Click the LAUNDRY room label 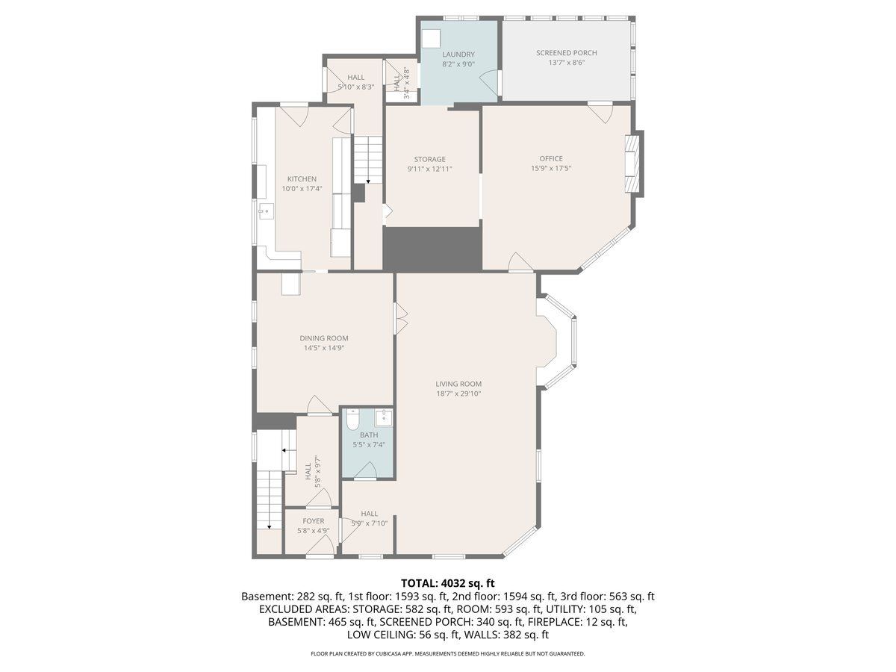[458, 55]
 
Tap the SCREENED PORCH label [566, 52]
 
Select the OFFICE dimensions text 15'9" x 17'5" [550, 168]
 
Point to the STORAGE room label [429, 159]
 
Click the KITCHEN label [302, 178]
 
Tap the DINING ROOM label [324, 337]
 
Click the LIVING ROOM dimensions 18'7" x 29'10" [458, 393]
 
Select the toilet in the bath [352, 420]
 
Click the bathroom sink [384, 419]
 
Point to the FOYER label [313, 521]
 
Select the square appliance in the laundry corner [431, 39]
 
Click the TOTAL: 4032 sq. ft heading [448, 582]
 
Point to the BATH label [369, 435]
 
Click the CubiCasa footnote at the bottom [448, 654]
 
